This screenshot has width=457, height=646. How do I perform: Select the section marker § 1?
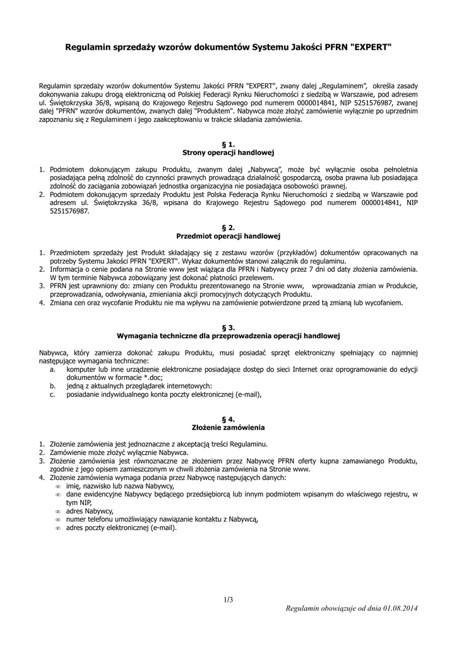point(228,144)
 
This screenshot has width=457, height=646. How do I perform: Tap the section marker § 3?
point(228,327)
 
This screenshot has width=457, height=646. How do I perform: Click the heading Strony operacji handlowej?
point(228,153)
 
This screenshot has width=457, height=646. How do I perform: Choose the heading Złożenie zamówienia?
point(228,427)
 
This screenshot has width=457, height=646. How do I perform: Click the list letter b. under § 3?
point(52,385)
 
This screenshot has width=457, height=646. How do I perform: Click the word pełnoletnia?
point(395,170)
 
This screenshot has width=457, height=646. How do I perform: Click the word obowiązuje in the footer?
point(340,608)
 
